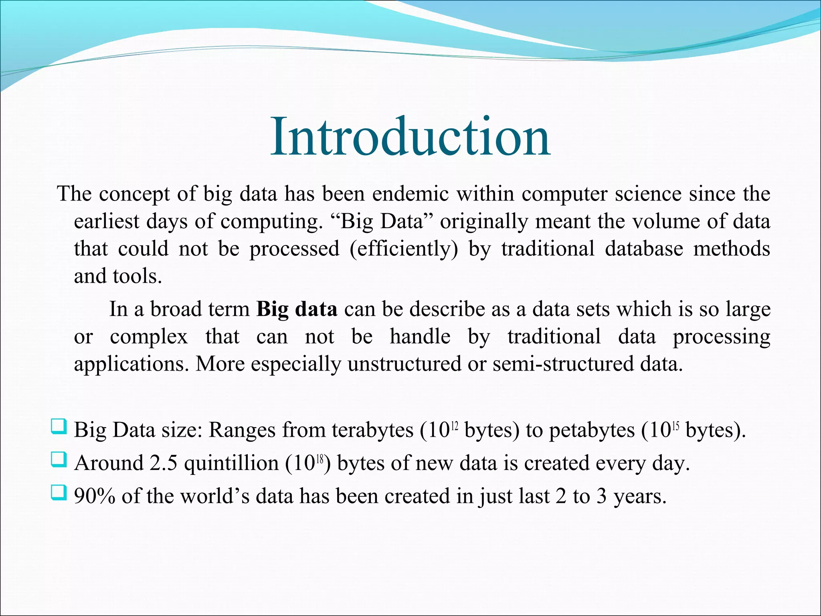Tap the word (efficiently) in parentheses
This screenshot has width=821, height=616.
pos(404,249)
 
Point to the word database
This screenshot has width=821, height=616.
pos(644,248)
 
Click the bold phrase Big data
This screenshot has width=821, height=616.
pos(297,310)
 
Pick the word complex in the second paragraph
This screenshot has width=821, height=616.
pos(149,337)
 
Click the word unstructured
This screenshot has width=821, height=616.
pos(404,364)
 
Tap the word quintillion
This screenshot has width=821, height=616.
pos(231,464)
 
